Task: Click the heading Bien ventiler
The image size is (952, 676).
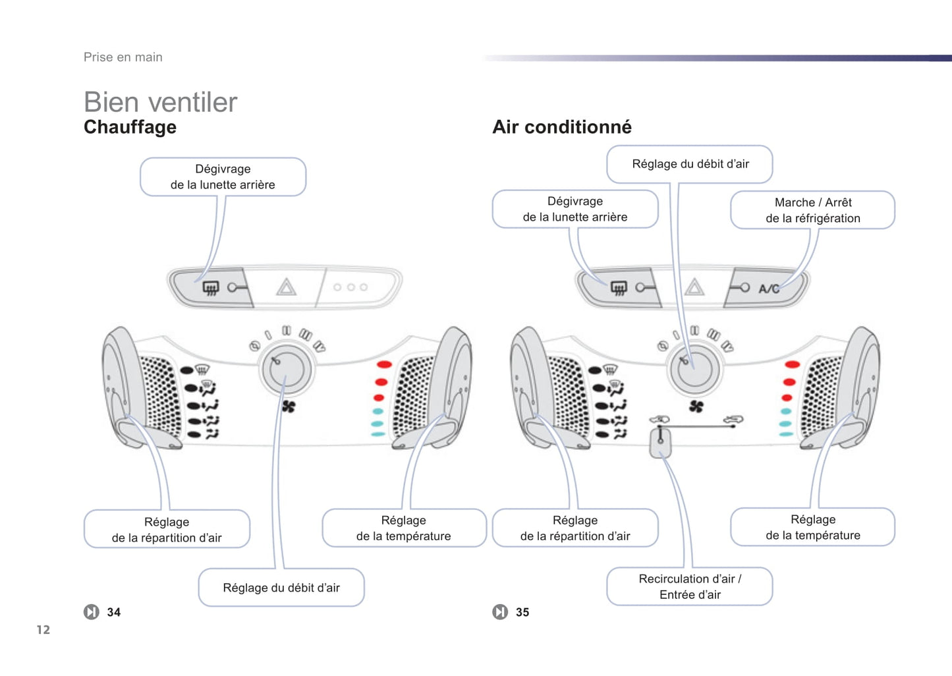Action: [160, 102]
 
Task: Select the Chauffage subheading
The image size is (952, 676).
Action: [130, 127]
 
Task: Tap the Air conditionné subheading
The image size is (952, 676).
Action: [562, 127]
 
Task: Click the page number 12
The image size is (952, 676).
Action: [43, 630]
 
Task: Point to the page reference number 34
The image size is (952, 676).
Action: [114, 612]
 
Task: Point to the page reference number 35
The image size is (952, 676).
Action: [522, 612]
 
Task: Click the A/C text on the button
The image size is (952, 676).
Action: [768, 289]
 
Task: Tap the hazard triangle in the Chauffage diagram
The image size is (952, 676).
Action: [286, 287]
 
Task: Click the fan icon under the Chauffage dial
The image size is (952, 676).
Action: [289, 407]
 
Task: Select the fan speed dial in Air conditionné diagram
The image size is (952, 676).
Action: [694, 368]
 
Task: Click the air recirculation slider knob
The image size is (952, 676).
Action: [660, 441]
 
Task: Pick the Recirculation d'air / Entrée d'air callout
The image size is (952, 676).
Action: [690, 586]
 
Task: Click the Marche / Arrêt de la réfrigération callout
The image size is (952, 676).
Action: [812, 210]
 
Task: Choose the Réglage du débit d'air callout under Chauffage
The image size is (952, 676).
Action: [281, 588]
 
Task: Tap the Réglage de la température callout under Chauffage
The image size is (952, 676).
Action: [404, 528]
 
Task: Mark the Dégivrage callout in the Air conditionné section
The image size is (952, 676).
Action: [575, 209]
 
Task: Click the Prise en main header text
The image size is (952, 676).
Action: [123, 57]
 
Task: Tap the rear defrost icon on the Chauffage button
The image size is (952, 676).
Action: [210, 288]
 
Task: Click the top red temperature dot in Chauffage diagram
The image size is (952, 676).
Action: [384, 364]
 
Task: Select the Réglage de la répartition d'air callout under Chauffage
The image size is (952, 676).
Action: [167, 530]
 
